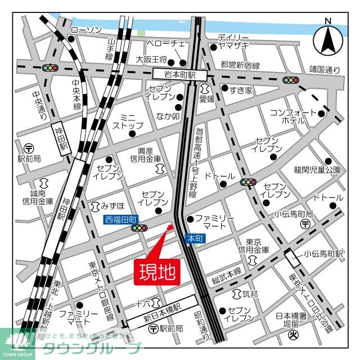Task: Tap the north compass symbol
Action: pos(328,38)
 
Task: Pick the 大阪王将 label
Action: pos(152,59)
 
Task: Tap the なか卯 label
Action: pos(167,117)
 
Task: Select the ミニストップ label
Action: pos(128,121)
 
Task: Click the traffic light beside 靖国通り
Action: pos(291,80)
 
